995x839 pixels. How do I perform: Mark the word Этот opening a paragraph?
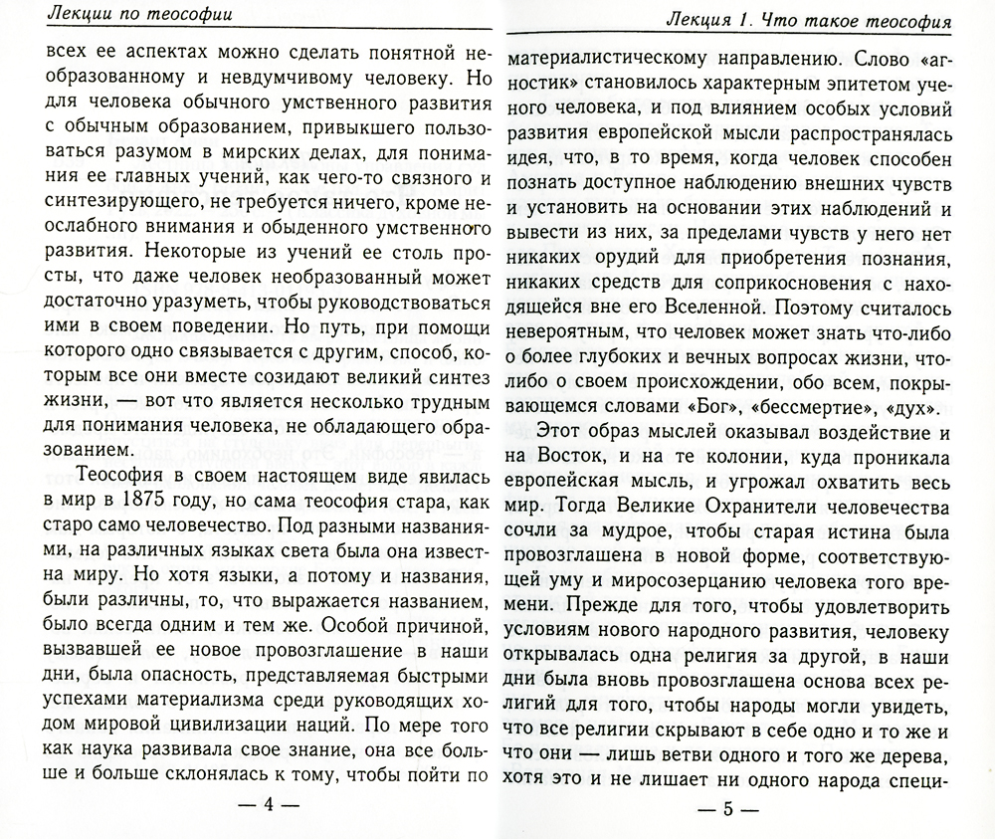click(570, 439)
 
